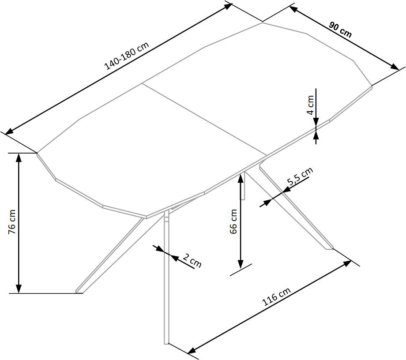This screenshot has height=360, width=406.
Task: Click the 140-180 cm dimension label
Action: click(127, 56)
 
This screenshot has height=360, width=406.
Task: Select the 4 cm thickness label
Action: click(310, 105)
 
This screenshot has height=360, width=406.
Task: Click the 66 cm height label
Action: click(233, 221)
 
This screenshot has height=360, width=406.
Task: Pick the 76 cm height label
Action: click(12, 222)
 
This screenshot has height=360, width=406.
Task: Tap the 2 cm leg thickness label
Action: click(192, 260)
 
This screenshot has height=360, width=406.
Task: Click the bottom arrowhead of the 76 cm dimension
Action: click(19, 289)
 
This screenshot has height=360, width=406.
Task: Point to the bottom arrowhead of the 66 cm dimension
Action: click(241, 264)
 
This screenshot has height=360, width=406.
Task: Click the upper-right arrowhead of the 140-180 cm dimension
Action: click(227, 6)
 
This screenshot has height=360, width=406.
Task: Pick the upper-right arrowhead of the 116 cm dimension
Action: click(347, 263)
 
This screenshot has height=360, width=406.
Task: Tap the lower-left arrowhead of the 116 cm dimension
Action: click(192, 350)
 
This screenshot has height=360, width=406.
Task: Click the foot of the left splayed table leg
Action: click(79, 291)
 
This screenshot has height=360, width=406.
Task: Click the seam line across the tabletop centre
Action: click(205, 120)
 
